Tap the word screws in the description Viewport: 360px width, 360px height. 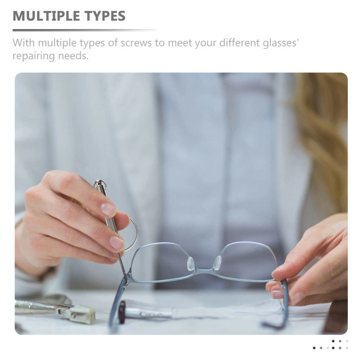[136, 43]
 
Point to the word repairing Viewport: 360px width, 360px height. [34, 56]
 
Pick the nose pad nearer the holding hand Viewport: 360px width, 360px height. [217, 262]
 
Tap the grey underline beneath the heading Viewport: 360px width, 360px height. [84, 30]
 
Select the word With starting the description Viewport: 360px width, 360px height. [23, 43]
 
